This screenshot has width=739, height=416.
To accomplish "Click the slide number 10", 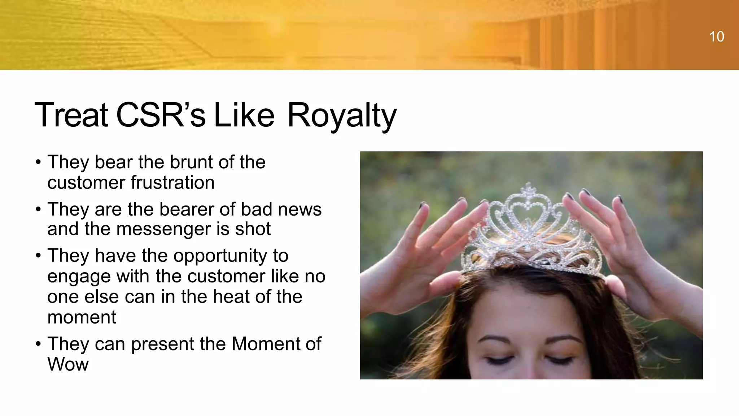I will (x=716, y=36).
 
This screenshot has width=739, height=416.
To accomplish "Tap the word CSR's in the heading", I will (x=161, y=116).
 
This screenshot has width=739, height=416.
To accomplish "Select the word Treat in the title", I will (x=71, y=116).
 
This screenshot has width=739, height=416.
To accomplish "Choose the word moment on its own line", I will (x=82, y=317).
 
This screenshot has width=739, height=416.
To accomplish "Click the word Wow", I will (x=68, y=364).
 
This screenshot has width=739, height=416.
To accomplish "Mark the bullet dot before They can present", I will (x=38, y=344).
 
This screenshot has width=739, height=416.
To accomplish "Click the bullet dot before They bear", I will (x=38, y=162).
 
